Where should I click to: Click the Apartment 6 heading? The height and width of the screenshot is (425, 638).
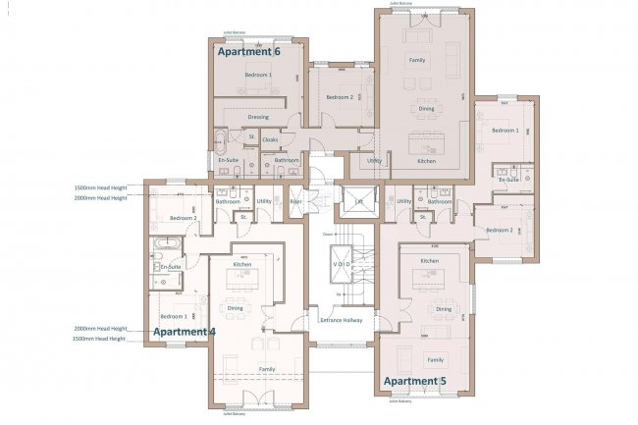pyautogui.click(x=248, y=51)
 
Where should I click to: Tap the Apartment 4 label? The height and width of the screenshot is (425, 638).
pyautogui.click(x=184, y=332)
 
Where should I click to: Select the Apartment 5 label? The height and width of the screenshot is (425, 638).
pyautogui.click(x=414, y=380)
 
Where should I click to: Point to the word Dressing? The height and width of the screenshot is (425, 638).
pyautogui.click(x=258, y=117)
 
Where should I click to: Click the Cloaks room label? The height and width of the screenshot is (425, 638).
pyautogui.click(x=270, y=139)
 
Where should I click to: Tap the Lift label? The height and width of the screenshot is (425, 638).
pyautogui.click(x=359, y=201)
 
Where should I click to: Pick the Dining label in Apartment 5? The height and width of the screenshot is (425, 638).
pyautogui.click(x=444, y=309)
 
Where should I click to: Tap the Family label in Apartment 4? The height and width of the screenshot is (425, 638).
pyautogui.click(x=266, y=368)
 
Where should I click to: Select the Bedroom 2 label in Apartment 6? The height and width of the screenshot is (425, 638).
pyautogui.click(x=339, y=97)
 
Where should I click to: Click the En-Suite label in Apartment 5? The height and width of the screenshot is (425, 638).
pyautogui.click(x=508, y=181)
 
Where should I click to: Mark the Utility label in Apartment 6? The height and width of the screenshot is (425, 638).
pyautogui.click(x=374, y=160)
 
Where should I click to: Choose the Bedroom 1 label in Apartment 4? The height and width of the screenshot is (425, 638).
pyautogui.click(x=173, y=316)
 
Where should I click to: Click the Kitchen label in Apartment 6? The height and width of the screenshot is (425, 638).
pyautogui.click(x=426, y=160)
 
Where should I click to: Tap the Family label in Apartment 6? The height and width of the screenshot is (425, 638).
pyautogui.click(x=417, y=61)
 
